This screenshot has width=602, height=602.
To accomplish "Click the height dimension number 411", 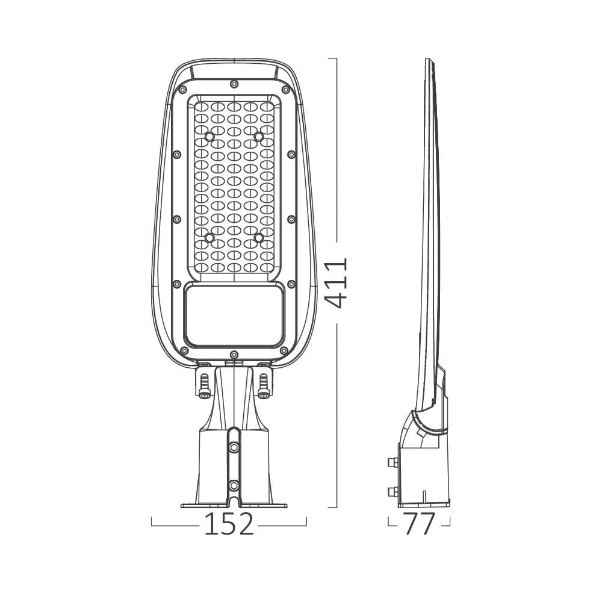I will tap(337, 283).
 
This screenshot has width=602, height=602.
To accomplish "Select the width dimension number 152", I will tap(229, 524).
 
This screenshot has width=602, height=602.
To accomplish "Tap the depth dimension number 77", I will tap(418, 524).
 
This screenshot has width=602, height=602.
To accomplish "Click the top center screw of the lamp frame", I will tap(234, 84).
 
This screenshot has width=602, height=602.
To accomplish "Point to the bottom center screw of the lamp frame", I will tap(234, 354).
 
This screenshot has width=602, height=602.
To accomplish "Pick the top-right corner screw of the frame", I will tap(285, 90).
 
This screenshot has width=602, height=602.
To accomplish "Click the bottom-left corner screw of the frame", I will tap(184, 350).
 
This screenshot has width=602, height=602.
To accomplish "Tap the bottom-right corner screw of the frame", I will tap(284, 350).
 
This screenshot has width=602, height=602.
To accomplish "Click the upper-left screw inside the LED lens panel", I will tap(209, 137).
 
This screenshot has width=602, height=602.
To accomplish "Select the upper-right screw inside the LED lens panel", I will tap(259, 137).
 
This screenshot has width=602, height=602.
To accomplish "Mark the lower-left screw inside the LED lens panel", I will tap(209, 238).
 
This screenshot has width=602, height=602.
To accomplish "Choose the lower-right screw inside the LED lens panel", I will tap(259, 238).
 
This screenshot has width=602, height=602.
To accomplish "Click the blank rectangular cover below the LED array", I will tap(234, 315).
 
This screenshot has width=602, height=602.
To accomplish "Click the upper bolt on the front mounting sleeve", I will tap(234, 448).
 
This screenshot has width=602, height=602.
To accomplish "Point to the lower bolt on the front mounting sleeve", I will tap(234, 485).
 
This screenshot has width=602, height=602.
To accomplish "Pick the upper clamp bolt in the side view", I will tap(394, 462).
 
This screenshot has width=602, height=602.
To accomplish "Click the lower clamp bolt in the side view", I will tap(394, 492).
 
